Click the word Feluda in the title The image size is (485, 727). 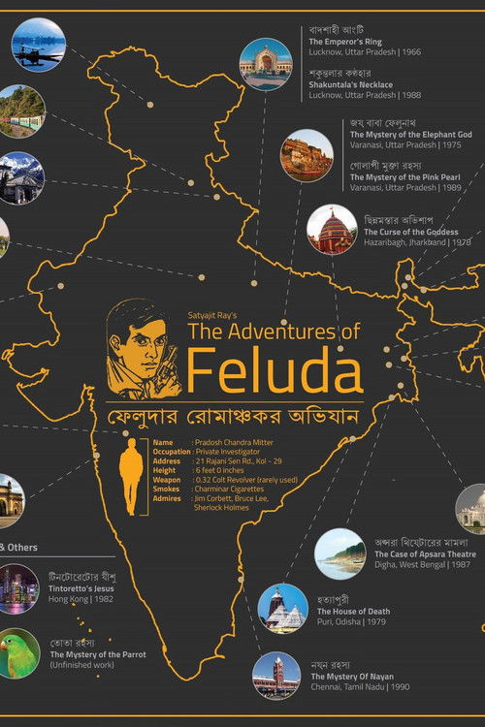(275, 371)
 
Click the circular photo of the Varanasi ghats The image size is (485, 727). (307, 155)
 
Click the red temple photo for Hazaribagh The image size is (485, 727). (332, 230)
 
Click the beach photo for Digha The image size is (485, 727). (339, 553)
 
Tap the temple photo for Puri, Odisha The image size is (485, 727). (282, 609)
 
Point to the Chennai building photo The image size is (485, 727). (276, 676)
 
